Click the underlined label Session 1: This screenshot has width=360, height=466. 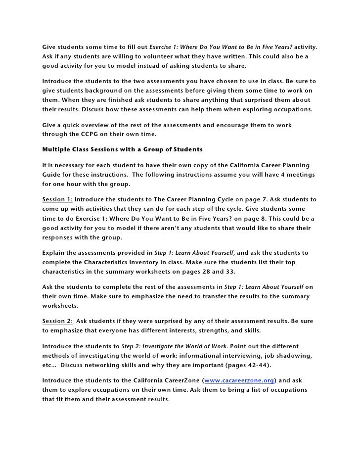pyautogui.click(x=57, y=199)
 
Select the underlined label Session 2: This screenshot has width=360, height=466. pyautogui.click(x=57, y=321)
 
